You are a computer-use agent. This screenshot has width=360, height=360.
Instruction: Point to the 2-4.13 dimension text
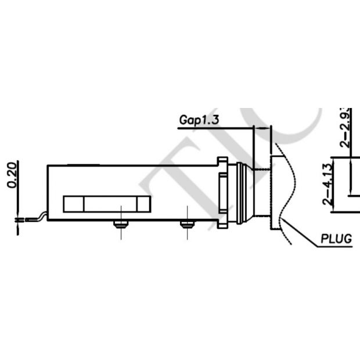[329, 184]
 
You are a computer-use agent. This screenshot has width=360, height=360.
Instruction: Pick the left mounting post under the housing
[120, 224]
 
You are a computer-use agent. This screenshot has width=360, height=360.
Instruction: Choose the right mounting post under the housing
[186, 224]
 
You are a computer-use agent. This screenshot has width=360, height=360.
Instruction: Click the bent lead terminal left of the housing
[34, 218]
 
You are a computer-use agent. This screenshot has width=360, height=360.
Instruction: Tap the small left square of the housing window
[73, 203]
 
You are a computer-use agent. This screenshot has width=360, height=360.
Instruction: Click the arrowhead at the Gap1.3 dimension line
[268, 127]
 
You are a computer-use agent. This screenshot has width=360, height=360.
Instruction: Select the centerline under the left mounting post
[120, 233]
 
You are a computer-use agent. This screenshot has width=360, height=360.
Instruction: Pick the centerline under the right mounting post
[186, 233]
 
